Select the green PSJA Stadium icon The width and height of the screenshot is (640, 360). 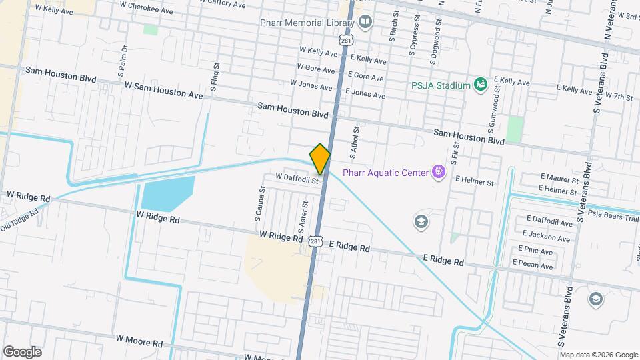480,84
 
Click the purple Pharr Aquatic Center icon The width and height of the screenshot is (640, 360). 438,173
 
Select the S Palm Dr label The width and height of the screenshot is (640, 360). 123,59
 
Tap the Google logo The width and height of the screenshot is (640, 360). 22,351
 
